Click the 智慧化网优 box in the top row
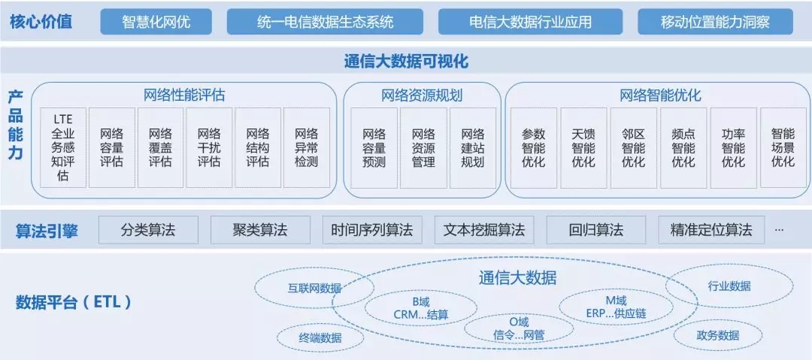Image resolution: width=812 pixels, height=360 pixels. (x=156, y=22)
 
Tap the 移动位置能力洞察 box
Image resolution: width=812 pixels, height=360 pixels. (x=715, y=22)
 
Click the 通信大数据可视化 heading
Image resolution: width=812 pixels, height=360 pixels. (x=406, y=62)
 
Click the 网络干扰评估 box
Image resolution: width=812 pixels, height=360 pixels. (x=209, y=148)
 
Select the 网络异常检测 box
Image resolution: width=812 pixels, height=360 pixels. (x=306, y=148)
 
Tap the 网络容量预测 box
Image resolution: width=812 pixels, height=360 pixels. (x=374, y=148)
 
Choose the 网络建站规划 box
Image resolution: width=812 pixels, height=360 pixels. (x=473, y=148)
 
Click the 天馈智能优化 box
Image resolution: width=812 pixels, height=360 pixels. (x=583, y=148)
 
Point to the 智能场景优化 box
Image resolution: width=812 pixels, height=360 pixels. (x=783, y=148)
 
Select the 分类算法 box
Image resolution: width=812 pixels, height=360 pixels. (x=148, y=230)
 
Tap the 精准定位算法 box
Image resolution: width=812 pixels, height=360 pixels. (x=710, y=230)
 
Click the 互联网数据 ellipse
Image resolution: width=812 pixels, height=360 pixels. (x=314, y=288)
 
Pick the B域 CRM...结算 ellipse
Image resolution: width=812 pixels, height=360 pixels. (x=420, y=307)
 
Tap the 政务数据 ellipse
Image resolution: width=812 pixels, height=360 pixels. (x=717, y=335)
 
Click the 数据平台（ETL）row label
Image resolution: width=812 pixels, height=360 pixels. (x=74, y=303)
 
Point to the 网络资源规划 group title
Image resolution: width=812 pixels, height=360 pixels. (x=421, y=95)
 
